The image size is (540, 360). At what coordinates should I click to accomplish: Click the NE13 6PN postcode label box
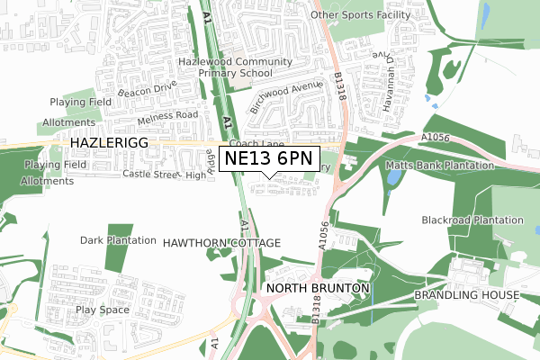269,159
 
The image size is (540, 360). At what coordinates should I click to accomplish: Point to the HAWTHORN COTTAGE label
221,243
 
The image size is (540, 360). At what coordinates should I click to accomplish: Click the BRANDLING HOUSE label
466,295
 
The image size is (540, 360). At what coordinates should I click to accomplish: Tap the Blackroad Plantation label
472,220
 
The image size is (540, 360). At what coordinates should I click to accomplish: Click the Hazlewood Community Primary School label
234,67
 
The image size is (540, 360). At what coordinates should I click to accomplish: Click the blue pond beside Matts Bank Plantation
393,177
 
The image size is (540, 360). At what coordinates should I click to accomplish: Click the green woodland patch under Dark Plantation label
118,259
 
